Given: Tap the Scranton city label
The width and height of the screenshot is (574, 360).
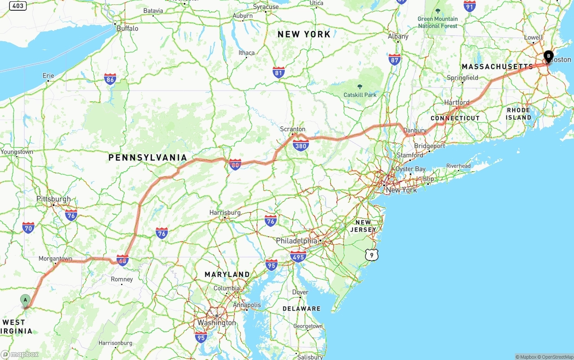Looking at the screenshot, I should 292,129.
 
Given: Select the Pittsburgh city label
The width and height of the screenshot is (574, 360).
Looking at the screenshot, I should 53,199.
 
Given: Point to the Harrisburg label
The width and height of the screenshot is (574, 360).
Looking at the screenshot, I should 225,213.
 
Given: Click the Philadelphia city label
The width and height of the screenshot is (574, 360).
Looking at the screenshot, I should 296,241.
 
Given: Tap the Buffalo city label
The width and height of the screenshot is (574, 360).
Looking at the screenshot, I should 127,28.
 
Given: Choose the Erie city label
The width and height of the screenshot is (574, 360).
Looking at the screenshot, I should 48,76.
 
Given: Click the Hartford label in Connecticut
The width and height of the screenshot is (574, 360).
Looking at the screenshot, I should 457,102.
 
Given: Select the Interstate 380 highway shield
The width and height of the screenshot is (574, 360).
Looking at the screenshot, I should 300,145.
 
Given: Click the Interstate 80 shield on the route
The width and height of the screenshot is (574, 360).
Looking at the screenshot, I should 235,165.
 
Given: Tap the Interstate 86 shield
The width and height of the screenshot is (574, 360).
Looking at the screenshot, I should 110,79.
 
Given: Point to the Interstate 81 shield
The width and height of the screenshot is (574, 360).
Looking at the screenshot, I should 278,73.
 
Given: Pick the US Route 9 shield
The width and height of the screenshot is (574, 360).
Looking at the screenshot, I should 371,255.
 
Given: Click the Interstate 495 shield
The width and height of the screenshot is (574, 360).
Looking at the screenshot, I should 298,257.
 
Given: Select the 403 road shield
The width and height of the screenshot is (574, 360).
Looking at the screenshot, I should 17,6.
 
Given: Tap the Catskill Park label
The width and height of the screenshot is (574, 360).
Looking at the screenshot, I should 360,95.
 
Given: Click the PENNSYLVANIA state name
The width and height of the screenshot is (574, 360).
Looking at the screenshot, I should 148,157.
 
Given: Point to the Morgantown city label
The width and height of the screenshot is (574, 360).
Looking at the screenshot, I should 55,259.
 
